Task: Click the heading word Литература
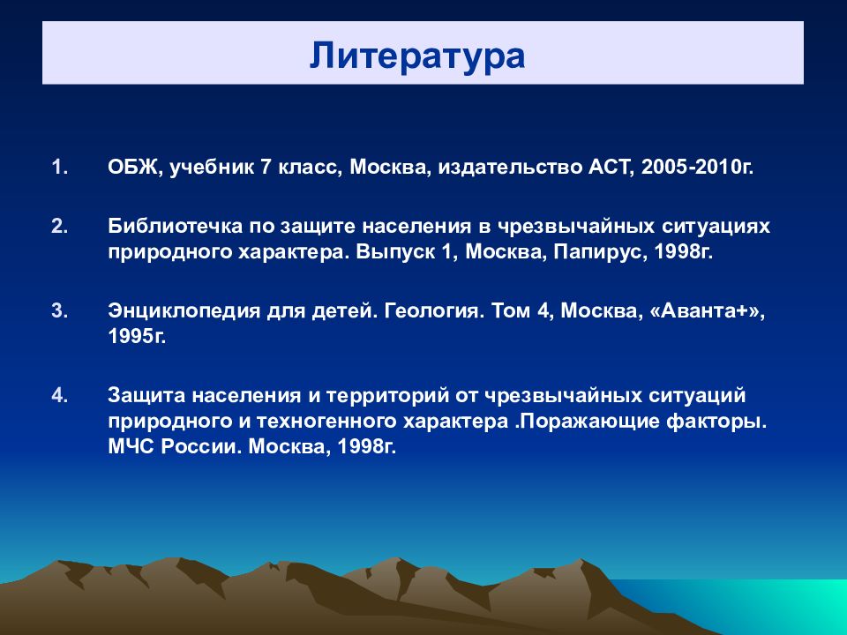coord(417,56)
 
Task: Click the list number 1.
coord(60,167)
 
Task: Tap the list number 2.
coord(60,226)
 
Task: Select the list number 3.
coord(60,310)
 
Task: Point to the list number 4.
coord(60,395)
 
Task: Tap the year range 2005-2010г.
coord(697,168)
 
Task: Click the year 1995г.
coord(137,336)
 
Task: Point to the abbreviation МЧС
coord(131,446)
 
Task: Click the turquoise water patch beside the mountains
coord(756,605)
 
